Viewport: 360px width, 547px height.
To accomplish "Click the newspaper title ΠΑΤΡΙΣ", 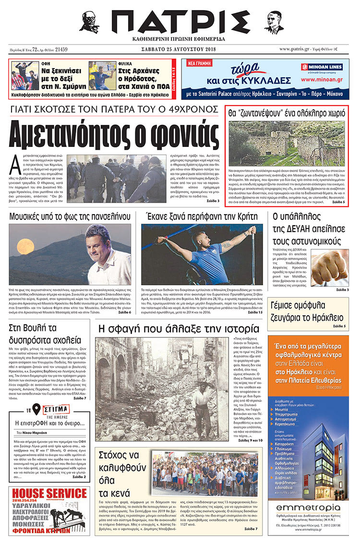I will click(x=180, y=21).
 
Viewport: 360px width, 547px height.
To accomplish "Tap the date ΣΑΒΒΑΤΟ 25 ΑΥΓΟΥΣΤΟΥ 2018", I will click(x=180, y=49).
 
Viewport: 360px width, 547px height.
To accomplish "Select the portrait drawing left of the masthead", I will click(x=89, y=21).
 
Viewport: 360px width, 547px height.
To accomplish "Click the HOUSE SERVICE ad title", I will click(x=49, y=493).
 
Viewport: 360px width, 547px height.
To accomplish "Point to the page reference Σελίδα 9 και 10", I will click(x=250, y=440).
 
